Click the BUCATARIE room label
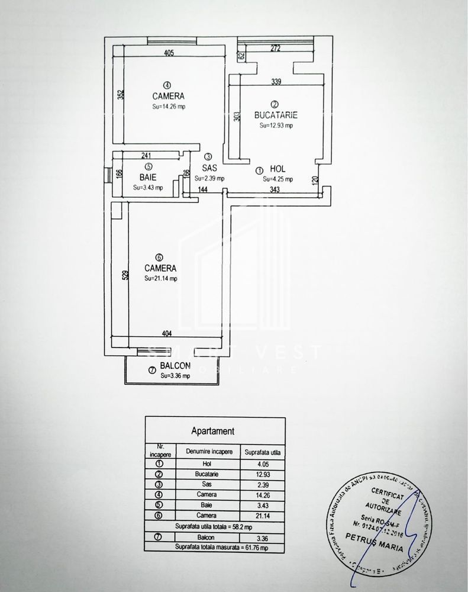(x=275, y=115)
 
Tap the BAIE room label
(x=148, y=176)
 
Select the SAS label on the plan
(x=209, y=168)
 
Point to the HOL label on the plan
(x=277, y=169)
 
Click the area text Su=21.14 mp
(x=160, y=278)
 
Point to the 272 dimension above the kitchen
(x=275, y=48)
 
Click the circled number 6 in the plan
(x=159, y=257)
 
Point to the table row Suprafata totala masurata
(x=217, y=548)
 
